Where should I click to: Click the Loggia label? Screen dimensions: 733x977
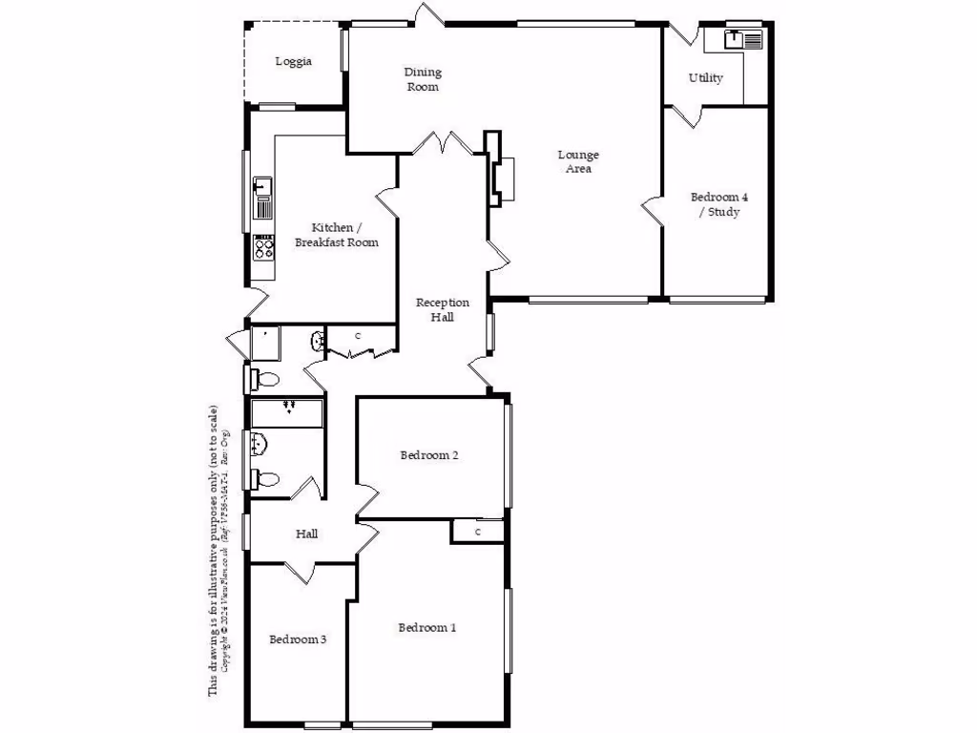click(293, 62)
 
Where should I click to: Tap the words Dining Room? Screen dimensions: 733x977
click(423, 79)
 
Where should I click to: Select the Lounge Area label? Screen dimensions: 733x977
click(578, 161)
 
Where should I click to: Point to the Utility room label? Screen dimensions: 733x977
click(705, 78)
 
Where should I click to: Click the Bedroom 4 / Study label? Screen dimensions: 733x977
click(718, 204)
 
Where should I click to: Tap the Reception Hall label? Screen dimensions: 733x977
click(442, 309)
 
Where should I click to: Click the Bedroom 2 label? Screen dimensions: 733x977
click(429, 455)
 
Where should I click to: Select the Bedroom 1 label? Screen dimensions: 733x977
click(426, 628)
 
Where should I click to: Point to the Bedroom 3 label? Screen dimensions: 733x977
click(298, 639)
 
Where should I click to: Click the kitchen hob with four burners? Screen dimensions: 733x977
click(263, 247)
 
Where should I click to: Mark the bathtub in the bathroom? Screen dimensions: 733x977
click(286, 412)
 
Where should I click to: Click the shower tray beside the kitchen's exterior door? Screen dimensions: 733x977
click(264, 342)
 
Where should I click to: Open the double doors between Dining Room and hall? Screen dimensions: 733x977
click(445, 145)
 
